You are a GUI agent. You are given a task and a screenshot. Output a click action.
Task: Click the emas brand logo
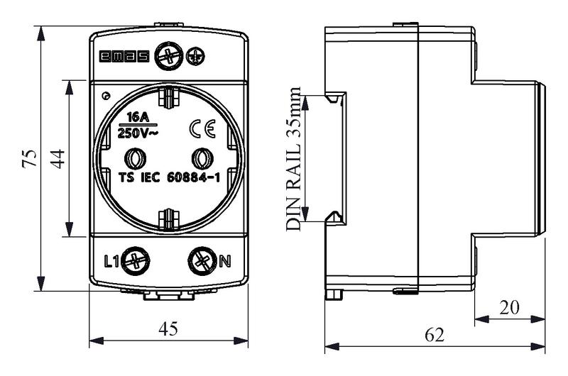124,57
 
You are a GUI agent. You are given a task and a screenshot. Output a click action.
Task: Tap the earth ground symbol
196,57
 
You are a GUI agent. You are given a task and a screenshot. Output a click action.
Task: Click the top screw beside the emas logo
169,57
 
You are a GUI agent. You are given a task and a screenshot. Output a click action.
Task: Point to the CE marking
202,128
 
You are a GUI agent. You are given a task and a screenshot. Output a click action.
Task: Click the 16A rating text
138,117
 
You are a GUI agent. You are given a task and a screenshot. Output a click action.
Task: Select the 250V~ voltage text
138,133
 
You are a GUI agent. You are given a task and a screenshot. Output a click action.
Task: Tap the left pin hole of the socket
136,158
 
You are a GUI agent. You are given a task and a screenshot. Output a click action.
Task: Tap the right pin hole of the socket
202,158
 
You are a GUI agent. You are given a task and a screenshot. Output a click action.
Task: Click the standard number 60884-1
193,177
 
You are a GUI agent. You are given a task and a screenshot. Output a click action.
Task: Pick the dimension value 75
30,158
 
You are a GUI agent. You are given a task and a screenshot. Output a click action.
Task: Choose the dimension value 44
58,158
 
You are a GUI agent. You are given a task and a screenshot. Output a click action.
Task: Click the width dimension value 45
168,328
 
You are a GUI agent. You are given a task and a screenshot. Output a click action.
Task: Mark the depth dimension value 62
435,335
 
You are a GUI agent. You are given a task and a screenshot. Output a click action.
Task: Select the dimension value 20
509,308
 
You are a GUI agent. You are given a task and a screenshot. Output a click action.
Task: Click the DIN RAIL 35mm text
293,158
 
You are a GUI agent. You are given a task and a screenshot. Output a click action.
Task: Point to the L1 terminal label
111,261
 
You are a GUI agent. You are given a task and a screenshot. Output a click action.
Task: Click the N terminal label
225,261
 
